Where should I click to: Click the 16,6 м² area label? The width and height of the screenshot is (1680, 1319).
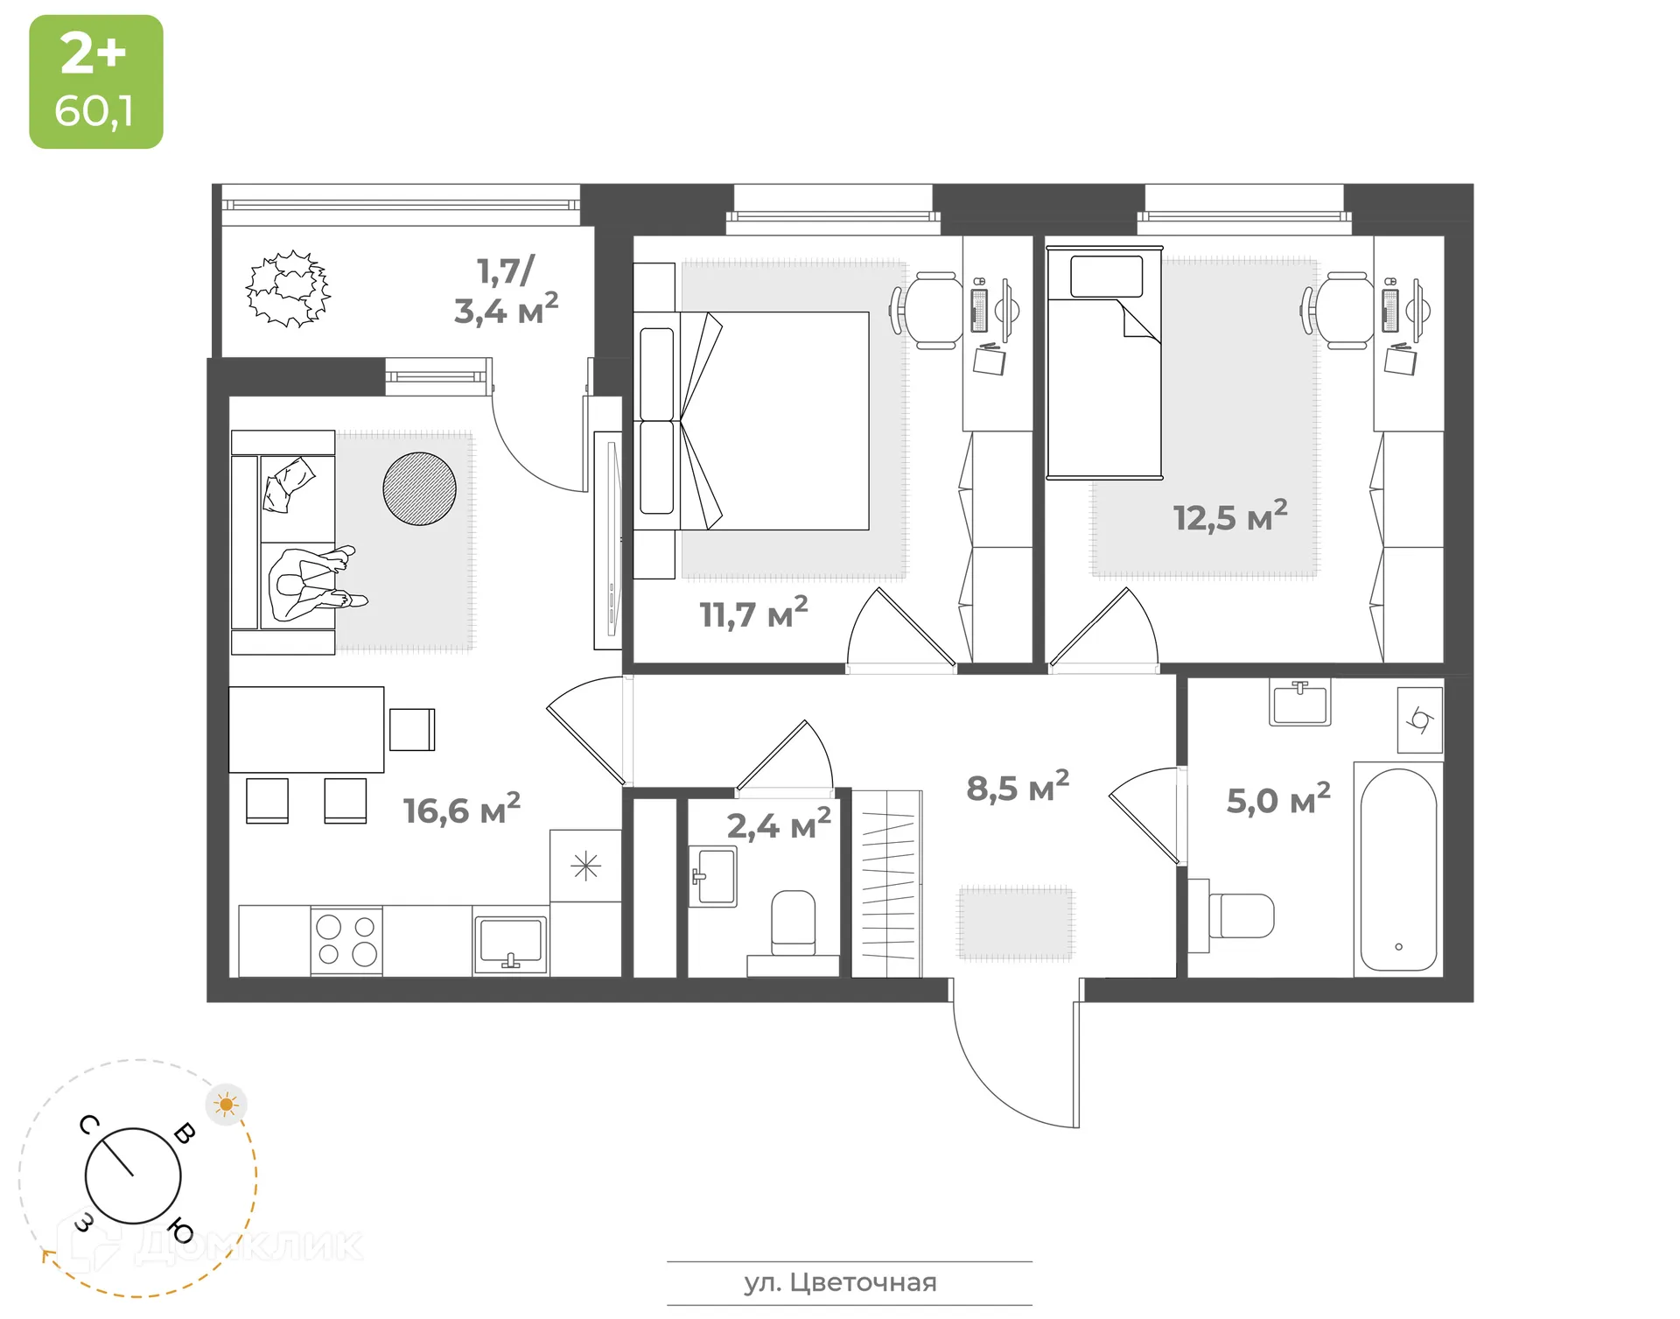[461, 809]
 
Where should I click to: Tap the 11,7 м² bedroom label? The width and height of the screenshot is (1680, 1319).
[752, 613]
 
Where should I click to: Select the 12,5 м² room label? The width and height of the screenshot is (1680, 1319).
[1229, 516]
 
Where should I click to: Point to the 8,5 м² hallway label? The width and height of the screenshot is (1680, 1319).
[1017, 787]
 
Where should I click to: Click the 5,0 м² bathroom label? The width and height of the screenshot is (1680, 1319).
[1277, 799]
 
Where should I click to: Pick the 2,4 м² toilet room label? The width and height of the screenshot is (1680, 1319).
[778, 824]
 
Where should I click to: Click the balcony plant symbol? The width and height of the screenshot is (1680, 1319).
[288, 289]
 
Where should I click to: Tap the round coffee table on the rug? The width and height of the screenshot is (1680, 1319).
[419, 488]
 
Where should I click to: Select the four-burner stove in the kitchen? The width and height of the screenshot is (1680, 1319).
[346, 940]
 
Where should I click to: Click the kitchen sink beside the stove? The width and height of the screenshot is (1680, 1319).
[510, 942]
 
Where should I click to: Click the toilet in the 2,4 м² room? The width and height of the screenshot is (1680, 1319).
[793, 923]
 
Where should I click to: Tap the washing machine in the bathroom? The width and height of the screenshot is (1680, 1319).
[1419, 720]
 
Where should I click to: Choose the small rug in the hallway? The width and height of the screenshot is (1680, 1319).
[1015, 923]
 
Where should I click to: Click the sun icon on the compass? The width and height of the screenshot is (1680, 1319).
[227, 1105]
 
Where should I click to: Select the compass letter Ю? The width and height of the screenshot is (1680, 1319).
[181, 1231]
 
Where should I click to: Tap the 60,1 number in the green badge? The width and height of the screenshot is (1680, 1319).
[94, 111]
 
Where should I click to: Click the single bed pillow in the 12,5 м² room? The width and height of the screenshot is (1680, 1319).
[1106, 277]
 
